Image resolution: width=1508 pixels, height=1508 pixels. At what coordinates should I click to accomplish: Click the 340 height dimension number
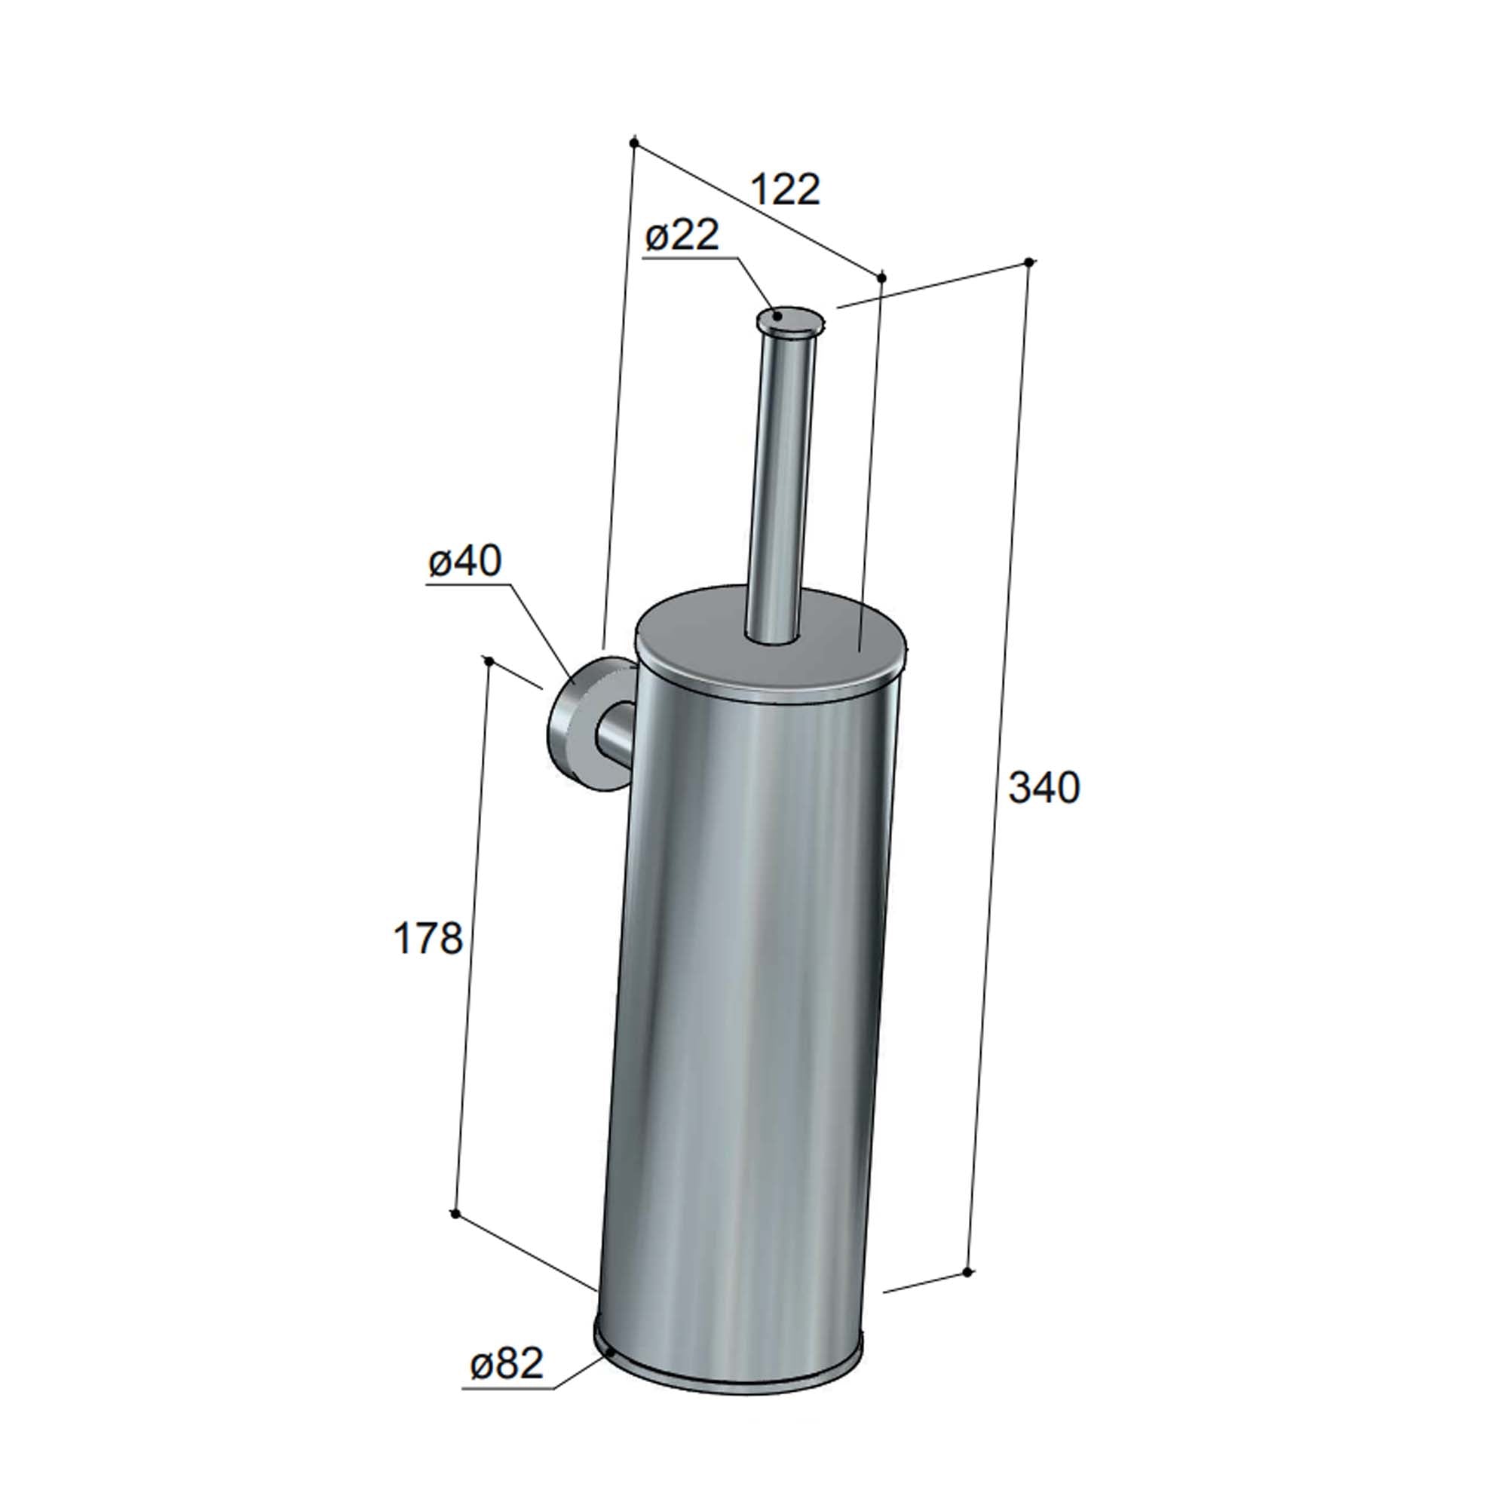[x=1044, y=788]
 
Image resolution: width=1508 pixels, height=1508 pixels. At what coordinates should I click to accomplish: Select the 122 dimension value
[x=785, y=190]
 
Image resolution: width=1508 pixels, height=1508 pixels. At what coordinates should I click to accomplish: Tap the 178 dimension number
[x=428, y=938]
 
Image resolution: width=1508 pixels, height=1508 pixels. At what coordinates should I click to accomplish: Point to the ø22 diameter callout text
[x=682, y=235]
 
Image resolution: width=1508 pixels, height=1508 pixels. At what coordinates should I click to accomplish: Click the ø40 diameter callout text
[x=464, y=561]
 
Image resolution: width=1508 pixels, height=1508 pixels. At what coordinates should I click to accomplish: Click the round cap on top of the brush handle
[x=789, y=319]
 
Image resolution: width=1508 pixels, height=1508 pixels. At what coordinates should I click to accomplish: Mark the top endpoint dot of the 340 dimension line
[x=1028, y=262]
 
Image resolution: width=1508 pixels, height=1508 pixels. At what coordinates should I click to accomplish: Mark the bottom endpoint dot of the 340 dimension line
[x=967, y=1272]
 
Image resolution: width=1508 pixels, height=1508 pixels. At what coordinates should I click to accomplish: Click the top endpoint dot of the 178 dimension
[x=489, y=661]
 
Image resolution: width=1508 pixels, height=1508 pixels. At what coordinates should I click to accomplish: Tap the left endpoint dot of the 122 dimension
[x=634, y=143]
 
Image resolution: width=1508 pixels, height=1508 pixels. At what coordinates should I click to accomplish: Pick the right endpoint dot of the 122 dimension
[x=882, y=278]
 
